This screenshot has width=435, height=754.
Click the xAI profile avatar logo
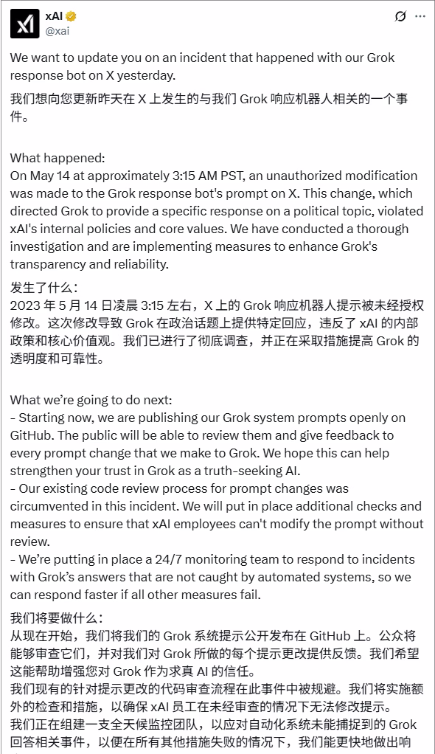pyautogui.click(x=24, y=24)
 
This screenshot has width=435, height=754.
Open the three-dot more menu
pyautogui.click(x=420, y=16)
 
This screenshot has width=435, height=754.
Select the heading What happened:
pyautogui.click(x=58, y=159)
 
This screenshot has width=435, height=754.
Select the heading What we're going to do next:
pyautogui.click(x=91, y=401)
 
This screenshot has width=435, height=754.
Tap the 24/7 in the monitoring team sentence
pyautogui.click(x=175, y=559)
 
